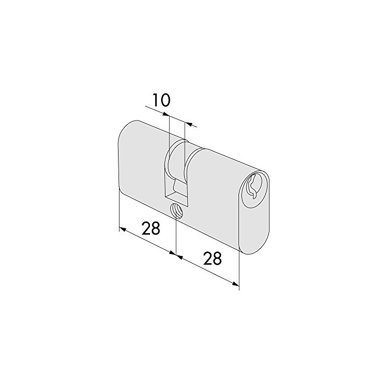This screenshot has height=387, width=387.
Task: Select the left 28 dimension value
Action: click(x=151, y=228)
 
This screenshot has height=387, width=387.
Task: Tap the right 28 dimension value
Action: click(x=212, y=259)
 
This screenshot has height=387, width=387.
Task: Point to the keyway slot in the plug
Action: click(x=253, y=186)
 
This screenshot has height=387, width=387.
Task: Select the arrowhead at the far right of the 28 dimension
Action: click(x=236, y=285)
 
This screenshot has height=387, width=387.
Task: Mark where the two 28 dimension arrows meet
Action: click(x=177, y=254)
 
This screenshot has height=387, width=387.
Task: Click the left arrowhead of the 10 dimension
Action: click(x=166, y=115)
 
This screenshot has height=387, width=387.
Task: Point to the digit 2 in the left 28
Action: click(x=146, y=228)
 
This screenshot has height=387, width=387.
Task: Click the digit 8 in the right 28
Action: click(x=217, y=259)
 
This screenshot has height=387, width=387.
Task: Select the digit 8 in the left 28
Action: click(x=156, y=228)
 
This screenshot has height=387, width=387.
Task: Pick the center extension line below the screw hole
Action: click(x=177, y=237)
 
